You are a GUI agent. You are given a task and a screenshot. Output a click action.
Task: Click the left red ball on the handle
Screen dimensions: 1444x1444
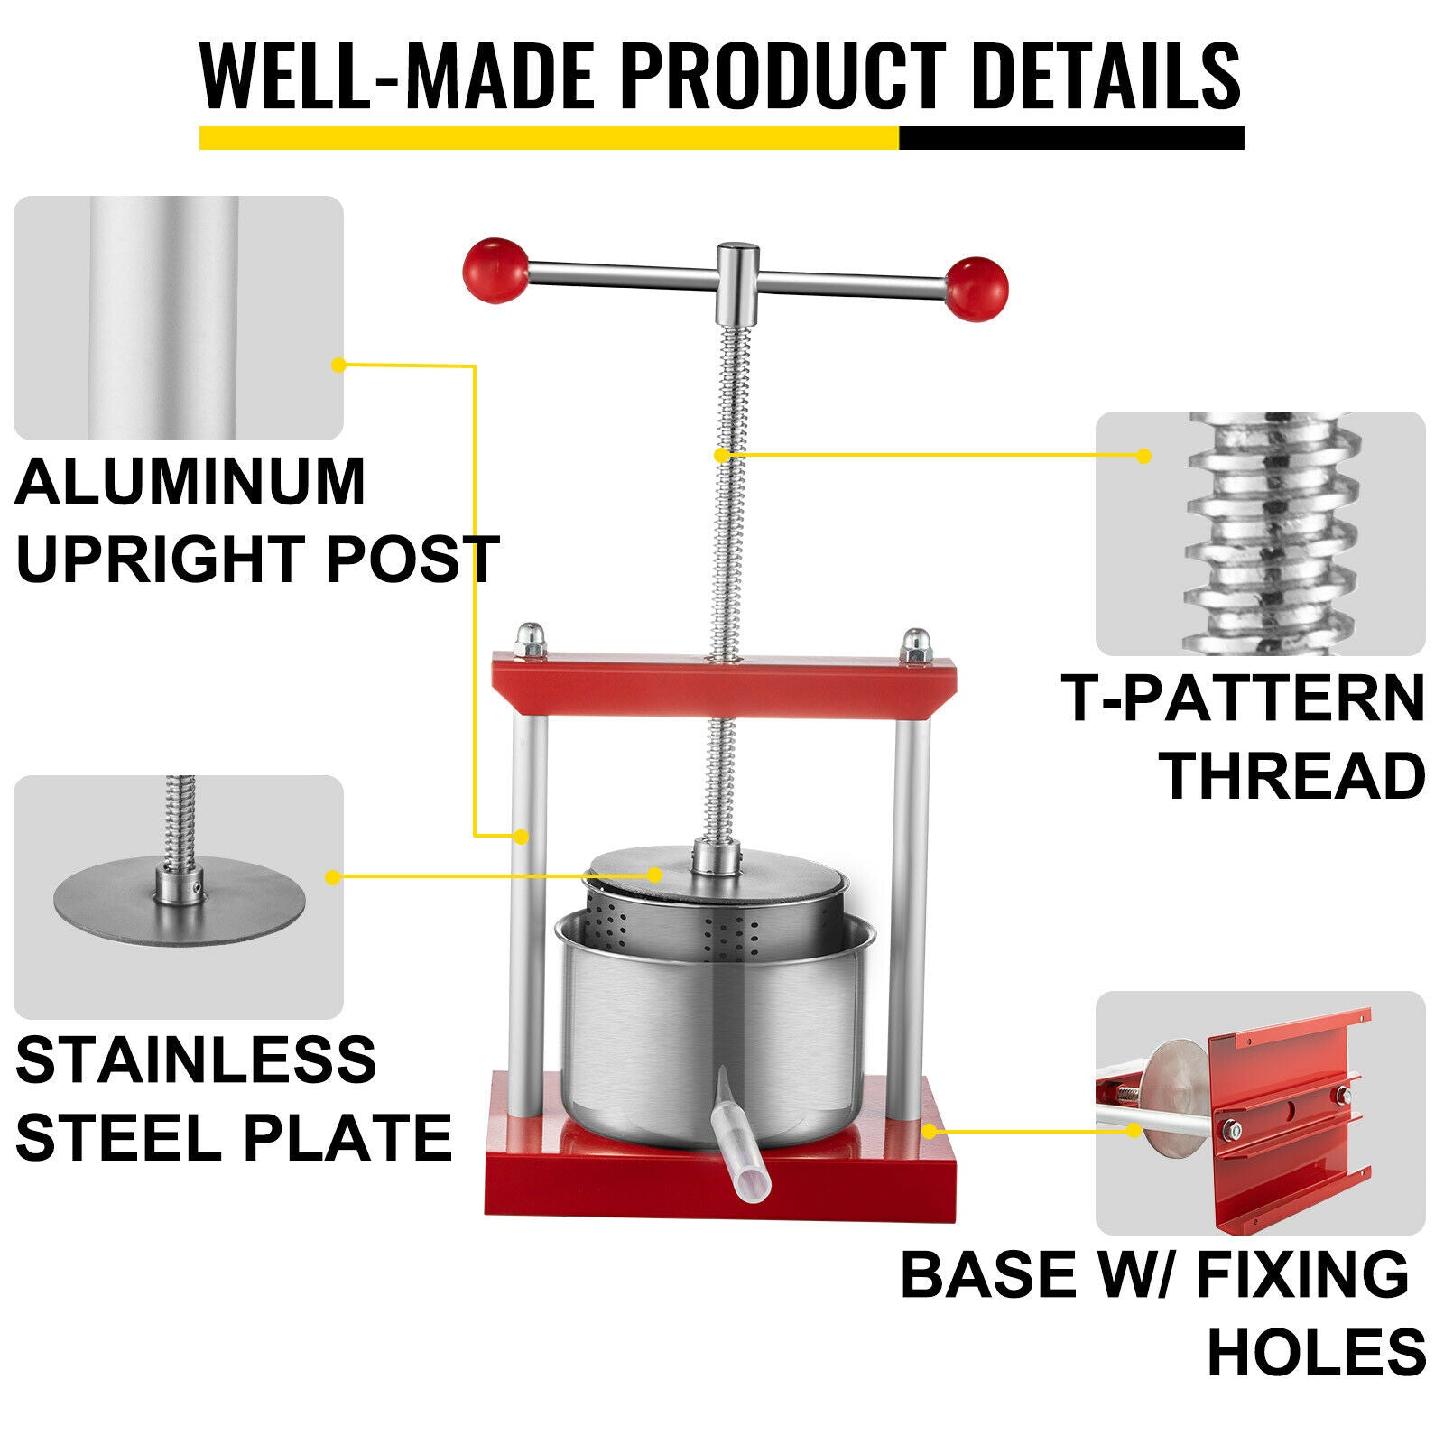pyautogui.click(x=495, y=270)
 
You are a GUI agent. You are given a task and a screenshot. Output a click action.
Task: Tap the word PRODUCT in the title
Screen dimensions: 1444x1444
pyautogui.click(x=782, y=76)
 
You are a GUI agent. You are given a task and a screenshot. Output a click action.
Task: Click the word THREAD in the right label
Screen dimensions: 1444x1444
pyautogui.click(x=1292, y=775)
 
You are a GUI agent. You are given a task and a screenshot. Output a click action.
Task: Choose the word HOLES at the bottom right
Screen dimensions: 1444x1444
pyautogui.click(x=1317, y=1351)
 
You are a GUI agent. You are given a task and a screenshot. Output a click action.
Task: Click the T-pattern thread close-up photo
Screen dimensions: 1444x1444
pyautogui.click(x=1260, y=533)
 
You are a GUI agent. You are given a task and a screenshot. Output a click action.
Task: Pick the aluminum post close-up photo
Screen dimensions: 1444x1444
pyautogui.click(x=178, y=318)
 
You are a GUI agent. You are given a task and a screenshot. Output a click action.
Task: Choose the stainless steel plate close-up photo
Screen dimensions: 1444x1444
pyautogui.click(x=178, y=896)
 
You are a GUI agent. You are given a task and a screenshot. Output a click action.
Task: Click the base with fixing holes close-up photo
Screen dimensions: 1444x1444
pyautogui.click(x=1260, y=1112)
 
